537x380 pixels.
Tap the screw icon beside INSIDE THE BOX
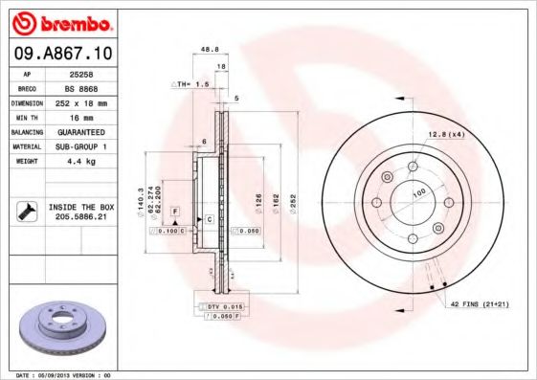(26, 211)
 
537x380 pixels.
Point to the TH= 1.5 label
(192, 84)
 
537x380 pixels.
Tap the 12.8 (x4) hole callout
(446, 134)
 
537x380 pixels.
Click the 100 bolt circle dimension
(418, 193)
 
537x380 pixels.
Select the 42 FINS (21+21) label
(482, 303)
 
